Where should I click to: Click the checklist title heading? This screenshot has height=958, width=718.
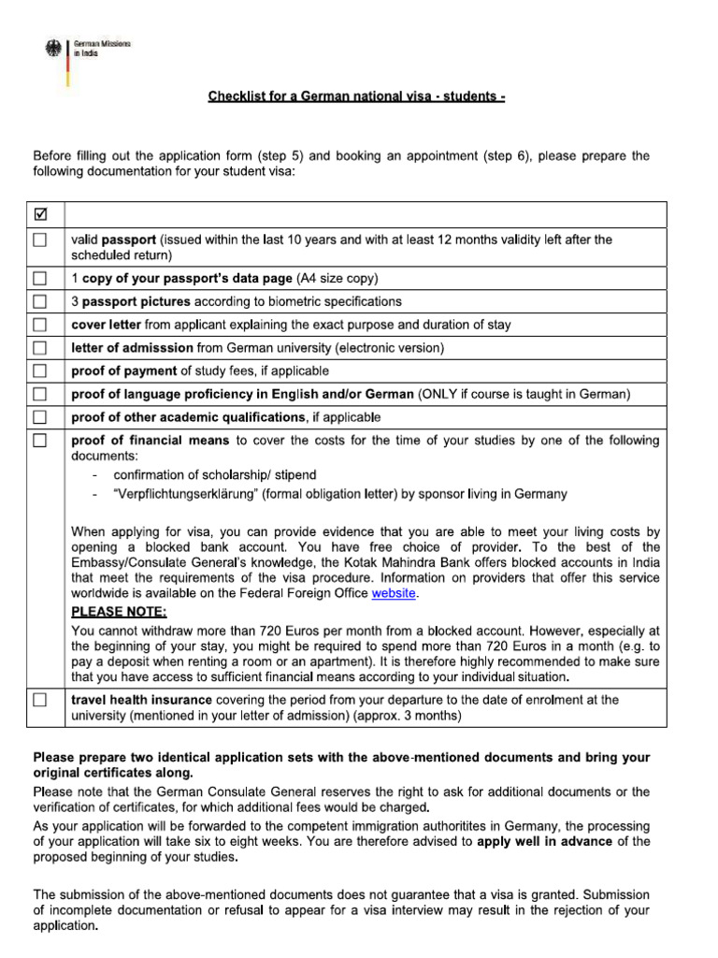(x=356, y=97)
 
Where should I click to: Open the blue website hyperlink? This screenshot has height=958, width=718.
(x=395, y=593)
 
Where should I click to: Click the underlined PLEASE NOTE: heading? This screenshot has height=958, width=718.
(x=120, y=612)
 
